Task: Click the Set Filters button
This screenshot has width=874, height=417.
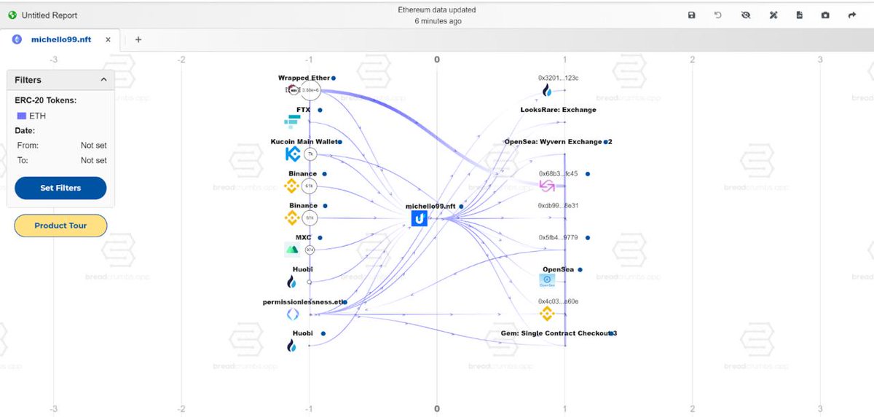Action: pos(60,188)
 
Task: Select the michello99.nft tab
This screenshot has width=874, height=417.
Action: pos(60,39)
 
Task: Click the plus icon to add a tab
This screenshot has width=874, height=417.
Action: pos(138,39)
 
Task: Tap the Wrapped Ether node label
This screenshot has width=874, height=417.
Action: pos(304,78)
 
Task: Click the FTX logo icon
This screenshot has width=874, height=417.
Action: pos(292,122)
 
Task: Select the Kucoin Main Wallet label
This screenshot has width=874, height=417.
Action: pos(304,142)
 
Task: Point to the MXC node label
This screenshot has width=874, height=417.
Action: pos(303,238)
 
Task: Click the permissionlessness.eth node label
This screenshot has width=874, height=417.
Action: pos(302,302)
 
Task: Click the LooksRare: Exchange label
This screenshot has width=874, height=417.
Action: pos(558,110)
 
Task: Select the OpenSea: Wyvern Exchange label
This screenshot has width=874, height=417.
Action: pos(553,142)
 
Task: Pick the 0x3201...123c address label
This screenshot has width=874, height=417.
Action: pos(558,78)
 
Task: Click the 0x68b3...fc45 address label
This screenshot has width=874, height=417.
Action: pos(558,174)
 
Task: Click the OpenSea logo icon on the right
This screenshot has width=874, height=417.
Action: pos(547,280)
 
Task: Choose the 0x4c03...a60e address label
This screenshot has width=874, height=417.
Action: pos(558,301)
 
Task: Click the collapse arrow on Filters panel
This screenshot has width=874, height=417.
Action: pos(103,80)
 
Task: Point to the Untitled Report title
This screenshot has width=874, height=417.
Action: pos(50,15)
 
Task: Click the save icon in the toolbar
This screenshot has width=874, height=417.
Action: pos(691,15)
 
